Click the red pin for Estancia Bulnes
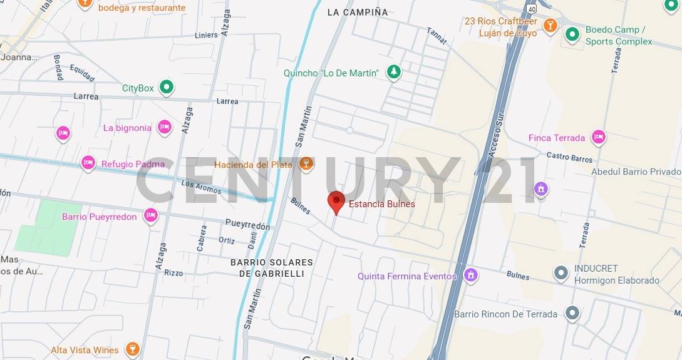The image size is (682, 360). [336, 202]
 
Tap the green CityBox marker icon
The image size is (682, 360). [166, 88]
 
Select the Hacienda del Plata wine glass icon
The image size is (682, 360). [306, 164]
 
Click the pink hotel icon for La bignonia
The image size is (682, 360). [164, 128]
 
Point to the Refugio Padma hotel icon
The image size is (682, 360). [88, 164]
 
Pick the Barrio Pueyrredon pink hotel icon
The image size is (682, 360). [150, 217]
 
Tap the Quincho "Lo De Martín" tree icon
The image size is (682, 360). [393, 73]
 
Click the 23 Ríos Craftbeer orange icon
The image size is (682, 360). [550, 26]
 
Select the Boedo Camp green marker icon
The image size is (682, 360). [571, 34]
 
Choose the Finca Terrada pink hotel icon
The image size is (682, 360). [599, 138]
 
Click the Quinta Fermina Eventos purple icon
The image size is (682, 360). [470, 275]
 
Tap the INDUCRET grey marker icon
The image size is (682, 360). [561, 274]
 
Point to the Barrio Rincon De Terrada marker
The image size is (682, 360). [571, 314]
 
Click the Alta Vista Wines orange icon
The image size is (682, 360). [132, 349]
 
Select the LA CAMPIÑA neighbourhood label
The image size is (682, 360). [358, 12]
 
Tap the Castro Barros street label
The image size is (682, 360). [569, 157]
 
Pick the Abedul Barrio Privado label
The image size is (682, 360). [636, 172]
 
